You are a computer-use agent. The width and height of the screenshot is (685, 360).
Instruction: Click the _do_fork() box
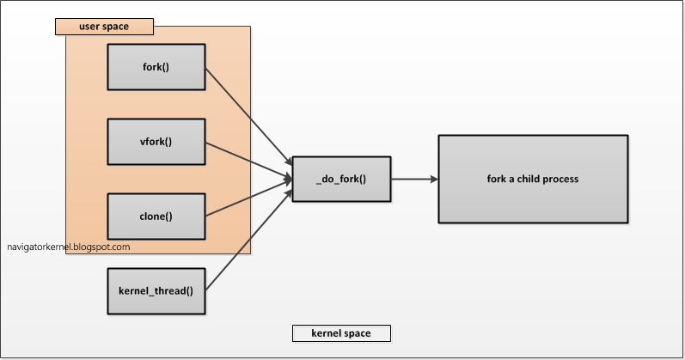click(x=341, y=179)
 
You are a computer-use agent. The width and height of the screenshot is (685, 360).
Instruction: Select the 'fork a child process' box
click(x=533, y=179)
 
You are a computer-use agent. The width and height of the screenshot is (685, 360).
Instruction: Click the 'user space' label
click(x=104, y=26)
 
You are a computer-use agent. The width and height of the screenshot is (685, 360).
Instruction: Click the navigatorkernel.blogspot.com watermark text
click(x=69, y=247)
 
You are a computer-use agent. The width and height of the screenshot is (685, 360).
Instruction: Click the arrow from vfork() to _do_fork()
click(x=247, y=160)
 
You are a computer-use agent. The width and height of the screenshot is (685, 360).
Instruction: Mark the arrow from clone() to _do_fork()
click(x=247, y=198)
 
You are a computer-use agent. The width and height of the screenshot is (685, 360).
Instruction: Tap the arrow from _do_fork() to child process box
click(x=413, y=179)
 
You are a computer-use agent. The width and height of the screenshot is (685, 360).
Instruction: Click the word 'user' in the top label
click(x=89, y=26)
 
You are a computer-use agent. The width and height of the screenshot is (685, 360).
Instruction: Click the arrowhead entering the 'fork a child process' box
click(x=433, y=179)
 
